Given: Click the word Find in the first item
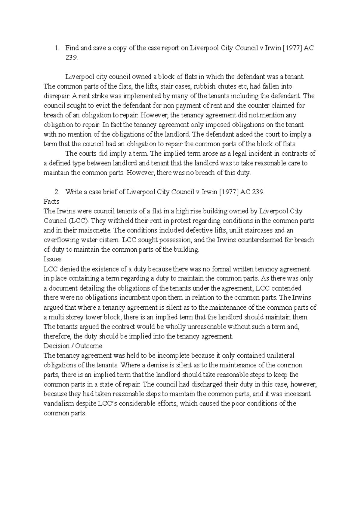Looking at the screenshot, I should (72, 48).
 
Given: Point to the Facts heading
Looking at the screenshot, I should (51, 202).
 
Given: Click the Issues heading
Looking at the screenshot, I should (52, 259).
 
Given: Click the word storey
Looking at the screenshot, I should (82, 317).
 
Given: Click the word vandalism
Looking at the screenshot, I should (59, 403).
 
